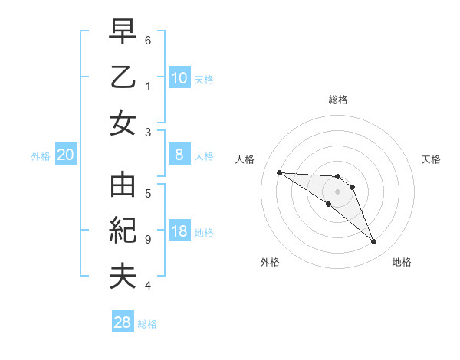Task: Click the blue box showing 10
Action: (179, 77)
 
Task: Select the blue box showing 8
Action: (179, 155)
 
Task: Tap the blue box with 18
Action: (179, 232)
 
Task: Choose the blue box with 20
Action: (66, 155)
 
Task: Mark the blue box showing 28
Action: (123, 322)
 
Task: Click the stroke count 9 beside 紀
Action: (148, 240)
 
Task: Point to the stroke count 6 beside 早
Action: (148, 40)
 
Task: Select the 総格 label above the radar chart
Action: (338, 100)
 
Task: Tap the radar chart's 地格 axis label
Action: (402, 262)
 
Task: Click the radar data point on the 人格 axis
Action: (279, 172)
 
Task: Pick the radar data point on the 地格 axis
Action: (373, 242)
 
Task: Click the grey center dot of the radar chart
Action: (338, 191)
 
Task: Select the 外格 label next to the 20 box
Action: (41, 155)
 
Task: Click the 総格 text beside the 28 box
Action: (147, 324)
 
